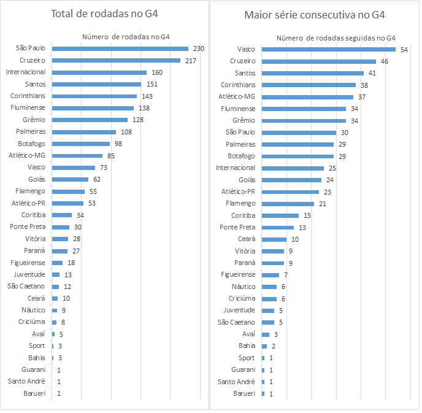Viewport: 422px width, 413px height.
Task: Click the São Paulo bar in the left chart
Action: [x=120, y=48]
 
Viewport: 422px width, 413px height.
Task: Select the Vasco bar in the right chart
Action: [x=328, y=49]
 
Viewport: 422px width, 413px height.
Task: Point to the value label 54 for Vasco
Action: [x=404, y=49]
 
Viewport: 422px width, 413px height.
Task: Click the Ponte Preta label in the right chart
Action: [x=238, y=227]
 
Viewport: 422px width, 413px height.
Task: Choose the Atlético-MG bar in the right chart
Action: [x=307, y=97]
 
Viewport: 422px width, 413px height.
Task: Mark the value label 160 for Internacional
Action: [x=157, y=72]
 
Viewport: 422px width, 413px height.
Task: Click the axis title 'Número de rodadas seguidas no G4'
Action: [x=336, y=38]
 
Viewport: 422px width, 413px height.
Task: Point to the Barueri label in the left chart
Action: [x=34, y=393]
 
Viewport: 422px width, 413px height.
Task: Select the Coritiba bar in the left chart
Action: [x=62, y=215]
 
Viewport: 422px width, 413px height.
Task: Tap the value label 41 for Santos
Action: [x=372, y=73]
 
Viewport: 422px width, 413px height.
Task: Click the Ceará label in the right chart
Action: [x=247, y=239]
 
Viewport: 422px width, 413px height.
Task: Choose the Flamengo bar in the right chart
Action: [x=288, y=203]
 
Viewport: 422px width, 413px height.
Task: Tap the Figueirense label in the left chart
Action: [x=28, y=262]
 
